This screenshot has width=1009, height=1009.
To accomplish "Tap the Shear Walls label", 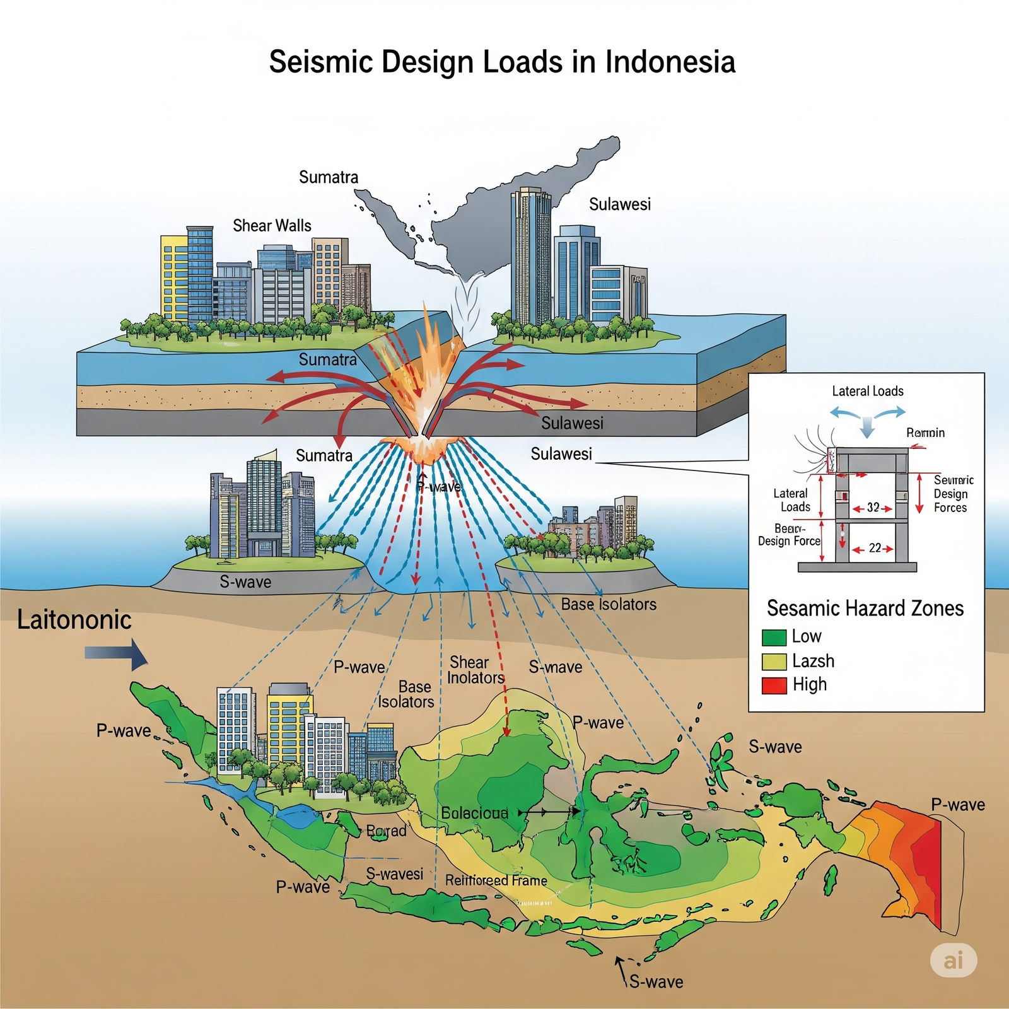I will tap(272, 226).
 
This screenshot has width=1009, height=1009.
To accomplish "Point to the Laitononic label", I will tap(74, 620).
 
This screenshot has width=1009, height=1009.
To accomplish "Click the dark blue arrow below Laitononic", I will tap(117, 654).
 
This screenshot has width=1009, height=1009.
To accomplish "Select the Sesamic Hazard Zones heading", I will tap(865, 608).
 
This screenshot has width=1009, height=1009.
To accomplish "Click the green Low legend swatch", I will tap(774, 638).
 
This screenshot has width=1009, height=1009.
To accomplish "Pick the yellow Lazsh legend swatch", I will tap(774, 662).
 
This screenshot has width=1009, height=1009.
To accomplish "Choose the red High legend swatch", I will tap(774, 685).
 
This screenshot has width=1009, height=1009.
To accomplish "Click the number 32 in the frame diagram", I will tap(873, 508).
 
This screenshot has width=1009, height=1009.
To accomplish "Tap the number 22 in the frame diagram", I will tap(875, 549).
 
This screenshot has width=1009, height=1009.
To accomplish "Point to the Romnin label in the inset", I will tap(925, 433).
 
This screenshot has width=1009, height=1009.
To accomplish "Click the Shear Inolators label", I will tap(475, 670).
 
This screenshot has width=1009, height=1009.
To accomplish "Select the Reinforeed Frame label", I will tap(496, 880).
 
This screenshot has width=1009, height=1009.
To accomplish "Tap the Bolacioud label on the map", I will tap(474, 813).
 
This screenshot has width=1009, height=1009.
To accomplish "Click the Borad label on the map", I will tap(386, 831).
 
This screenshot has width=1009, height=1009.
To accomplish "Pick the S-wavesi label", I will tap(395, 874).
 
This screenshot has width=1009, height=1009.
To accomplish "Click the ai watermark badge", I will tap(954, 960).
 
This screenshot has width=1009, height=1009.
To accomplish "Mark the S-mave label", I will tap(555, 667).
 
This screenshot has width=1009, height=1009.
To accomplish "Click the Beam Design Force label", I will tap(789, 535).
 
